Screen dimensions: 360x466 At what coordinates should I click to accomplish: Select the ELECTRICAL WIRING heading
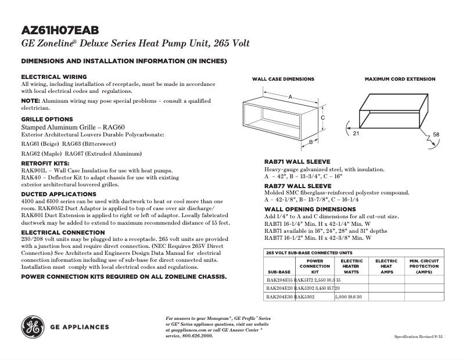pos(54,77)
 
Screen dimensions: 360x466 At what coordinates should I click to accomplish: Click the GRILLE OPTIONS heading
pos(47,119)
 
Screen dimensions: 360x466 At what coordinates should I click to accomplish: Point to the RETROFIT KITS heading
pos(45,164)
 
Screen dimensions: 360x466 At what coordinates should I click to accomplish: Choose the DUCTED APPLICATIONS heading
pos(59,194)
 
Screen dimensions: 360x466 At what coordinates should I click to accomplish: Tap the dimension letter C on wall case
pos(322,118)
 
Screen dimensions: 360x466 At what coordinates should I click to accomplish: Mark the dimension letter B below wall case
pos(311,141)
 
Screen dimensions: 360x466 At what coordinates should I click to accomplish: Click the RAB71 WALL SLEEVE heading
pos(297,161)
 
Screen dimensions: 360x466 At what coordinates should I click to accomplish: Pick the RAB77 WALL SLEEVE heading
pos(297,186)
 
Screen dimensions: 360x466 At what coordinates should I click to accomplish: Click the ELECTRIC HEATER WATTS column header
pos(351,266)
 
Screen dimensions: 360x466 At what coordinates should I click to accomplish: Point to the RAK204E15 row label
pos(279,280)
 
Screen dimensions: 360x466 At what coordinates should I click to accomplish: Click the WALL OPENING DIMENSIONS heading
pos(310,208)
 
